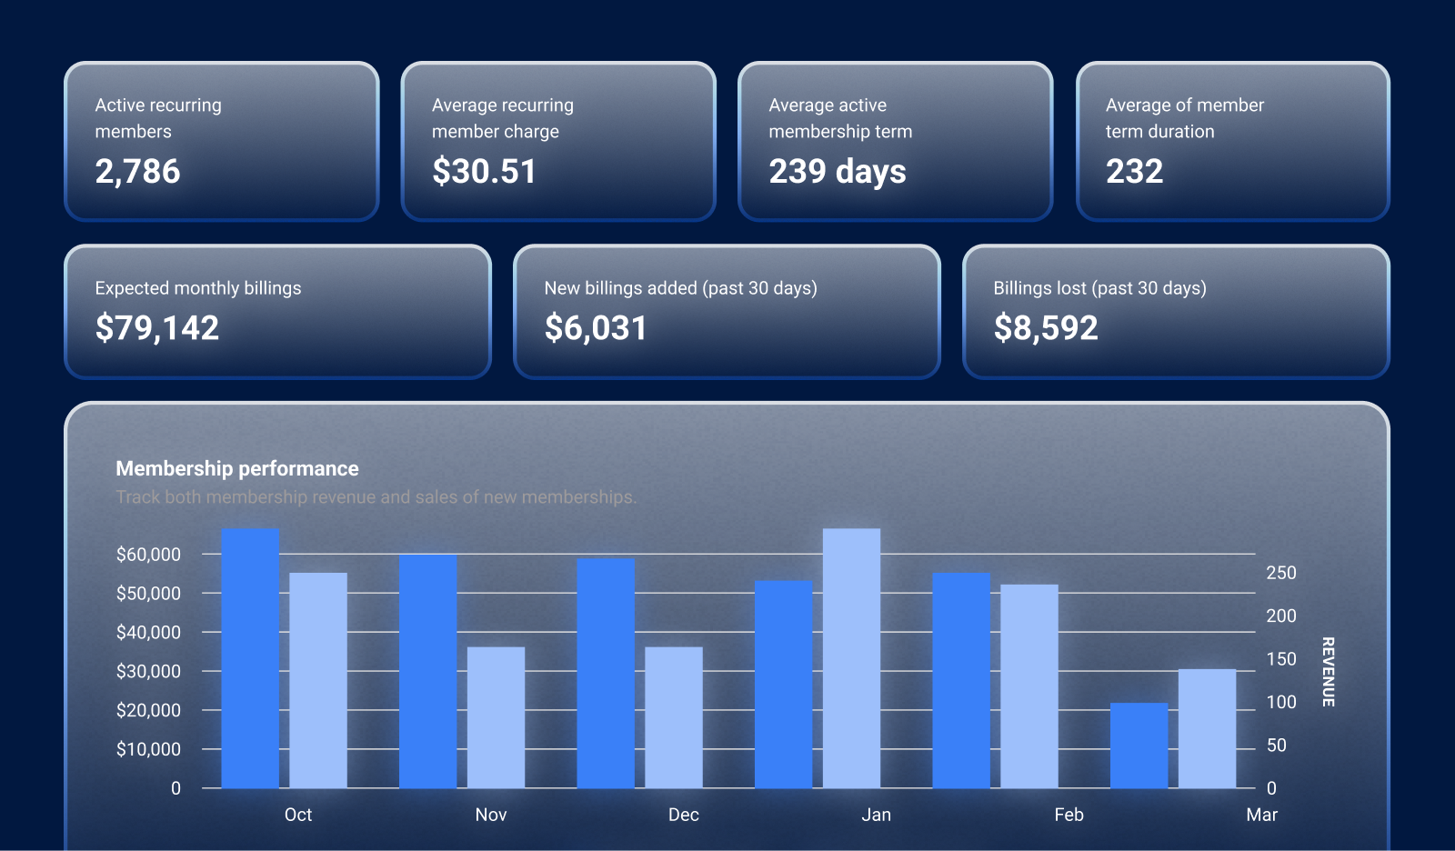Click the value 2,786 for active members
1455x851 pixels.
[x=138, y=172]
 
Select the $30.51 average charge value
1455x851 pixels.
[x=484, y=172]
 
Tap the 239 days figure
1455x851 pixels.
[x=838, y=172]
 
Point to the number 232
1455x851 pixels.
[x=1134, y=172]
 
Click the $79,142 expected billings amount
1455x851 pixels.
[x=157, y=328]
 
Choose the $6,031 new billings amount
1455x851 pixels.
[x=596, y=328]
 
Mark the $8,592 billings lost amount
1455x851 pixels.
[x=1046, y=328]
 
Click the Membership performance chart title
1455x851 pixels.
[x=237, y=469]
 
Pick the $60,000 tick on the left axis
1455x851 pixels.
[x=148, y=555]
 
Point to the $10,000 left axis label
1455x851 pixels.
[x=148, y=750]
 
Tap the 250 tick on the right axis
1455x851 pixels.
[x=1281, y=574]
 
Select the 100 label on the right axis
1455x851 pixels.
[x=1281, y=703]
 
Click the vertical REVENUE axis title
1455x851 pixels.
[x=1328, y=672]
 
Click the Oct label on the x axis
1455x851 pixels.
[x=298, y=816]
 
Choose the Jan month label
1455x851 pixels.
[x=876, y=816]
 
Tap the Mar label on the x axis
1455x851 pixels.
[x=1261, y=816]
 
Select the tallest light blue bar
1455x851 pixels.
[x=851, y=658]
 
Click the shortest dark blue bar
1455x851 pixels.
[x=1139, y=746]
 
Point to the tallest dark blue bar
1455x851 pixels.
[x=250, y=658]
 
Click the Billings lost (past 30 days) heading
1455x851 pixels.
[x=1099, y=289]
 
